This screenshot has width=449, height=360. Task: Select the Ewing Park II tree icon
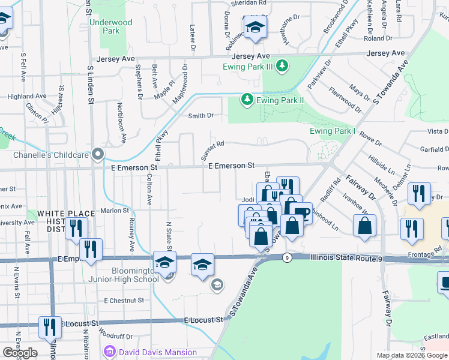click(246, 98)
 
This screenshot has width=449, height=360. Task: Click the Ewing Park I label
click(333, 131)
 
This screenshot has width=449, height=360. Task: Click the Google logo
click(20, 352)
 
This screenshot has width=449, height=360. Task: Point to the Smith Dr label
click(201, 116)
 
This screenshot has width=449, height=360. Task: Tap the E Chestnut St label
click(124, 300)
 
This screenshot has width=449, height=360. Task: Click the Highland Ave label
click(27, 96)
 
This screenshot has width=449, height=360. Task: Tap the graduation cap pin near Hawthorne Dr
click(255, 28)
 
